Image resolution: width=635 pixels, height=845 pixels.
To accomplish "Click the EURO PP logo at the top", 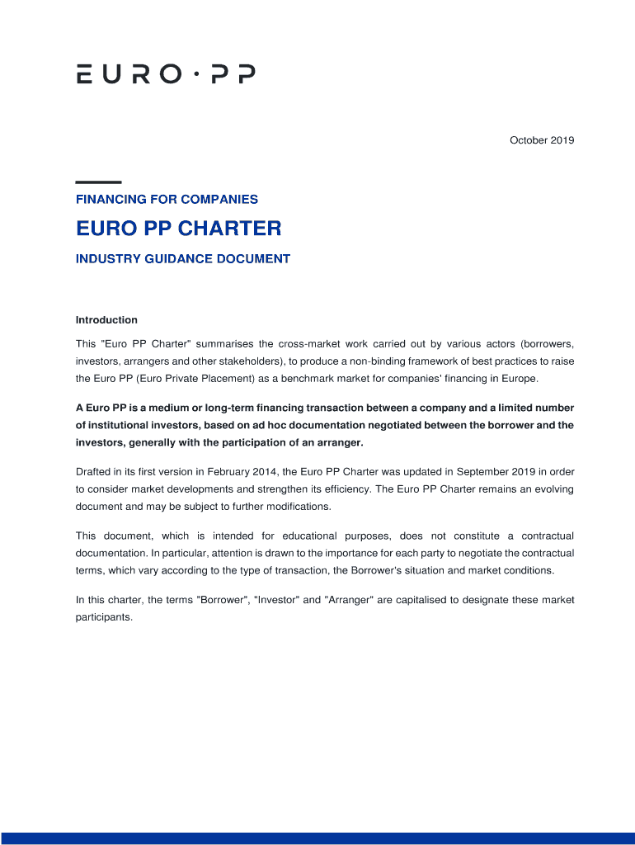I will point(166,74).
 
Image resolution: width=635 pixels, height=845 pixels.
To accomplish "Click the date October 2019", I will point(541,140).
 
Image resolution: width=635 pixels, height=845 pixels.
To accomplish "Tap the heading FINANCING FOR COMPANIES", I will point(167,199).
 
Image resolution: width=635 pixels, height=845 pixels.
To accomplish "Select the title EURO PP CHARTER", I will point(178,228).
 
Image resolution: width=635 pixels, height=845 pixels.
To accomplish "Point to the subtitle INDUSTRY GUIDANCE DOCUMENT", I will point(183,259).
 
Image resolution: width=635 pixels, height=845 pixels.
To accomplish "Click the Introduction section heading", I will point(106,320).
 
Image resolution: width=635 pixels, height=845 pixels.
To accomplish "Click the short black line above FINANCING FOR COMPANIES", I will point(98,182).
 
